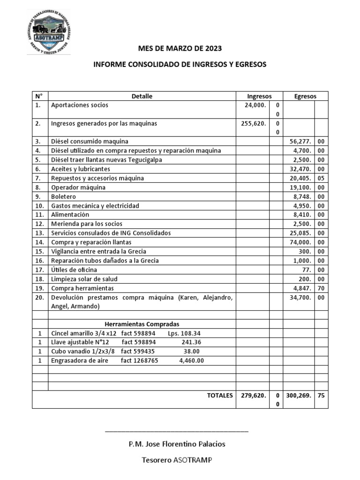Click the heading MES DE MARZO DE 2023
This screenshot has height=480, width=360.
[180, 49]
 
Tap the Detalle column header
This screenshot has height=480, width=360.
[142, 96]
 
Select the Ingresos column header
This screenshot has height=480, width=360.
[259, 96]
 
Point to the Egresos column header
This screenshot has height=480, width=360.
[305, 96]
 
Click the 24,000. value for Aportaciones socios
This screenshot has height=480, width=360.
[255, 105]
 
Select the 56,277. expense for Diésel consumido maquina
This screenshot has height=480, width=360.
[300, 141]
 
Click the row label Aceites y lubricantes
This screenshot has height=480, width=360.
[81, 169]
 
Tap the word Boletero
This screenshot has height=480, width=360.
[64, 196]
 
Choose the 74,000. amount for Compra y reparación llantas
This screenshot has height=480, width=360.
[300, 242]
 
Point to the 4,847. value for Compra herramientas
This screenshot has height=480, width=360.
[301, 288]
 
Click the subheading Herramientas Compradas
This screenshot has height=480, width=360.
[142, 324]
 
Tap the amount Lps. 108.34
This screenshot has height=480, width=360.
[184, 333]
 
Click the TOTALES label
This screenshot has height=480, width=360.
[220, 396]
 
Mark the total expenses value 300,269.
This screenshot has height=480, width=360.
[299, 396]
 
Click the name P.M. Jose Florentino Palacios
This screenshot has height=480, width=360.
[177, 443]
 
